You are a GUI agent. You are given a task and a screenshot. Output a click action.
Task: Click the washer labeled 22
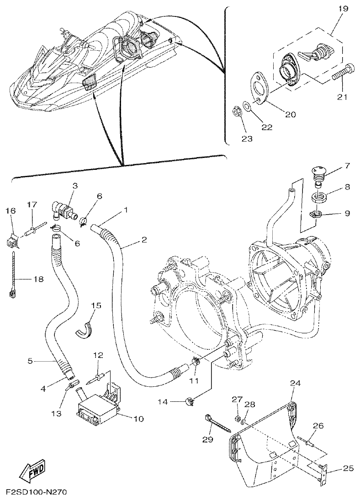coord(246,106)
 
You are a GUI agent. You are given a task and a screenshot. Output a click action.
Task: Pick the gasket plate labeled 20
coord(258,89)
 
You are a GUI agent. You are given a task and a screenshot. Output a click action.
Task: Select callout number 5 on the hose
coord(30,361)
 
